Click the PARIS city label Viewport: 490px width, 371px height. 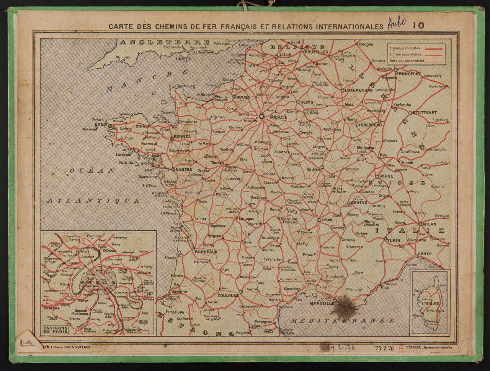coord(278,117)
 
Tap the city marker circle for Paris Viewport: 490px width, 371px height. coord(262,116)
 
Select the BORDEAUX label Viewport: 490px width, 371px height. coord(206,252)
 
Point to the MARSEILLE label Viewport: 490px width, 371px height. coord(322,303)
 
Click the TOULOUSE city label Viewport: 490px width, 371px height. coord(228,296)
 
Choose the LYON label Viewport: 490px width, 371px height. coord(327,220)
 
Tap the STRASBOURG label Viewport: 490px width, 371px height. coord(369,125)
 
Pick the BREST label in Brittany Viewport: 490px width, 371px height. coord(101,125)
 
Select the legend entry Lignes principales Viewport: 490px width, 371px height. coord(405,48)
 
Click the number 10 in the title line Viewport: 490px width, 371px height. coord(418,26)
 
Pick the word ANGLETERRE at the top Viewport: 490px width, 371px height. coord(164,42)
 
